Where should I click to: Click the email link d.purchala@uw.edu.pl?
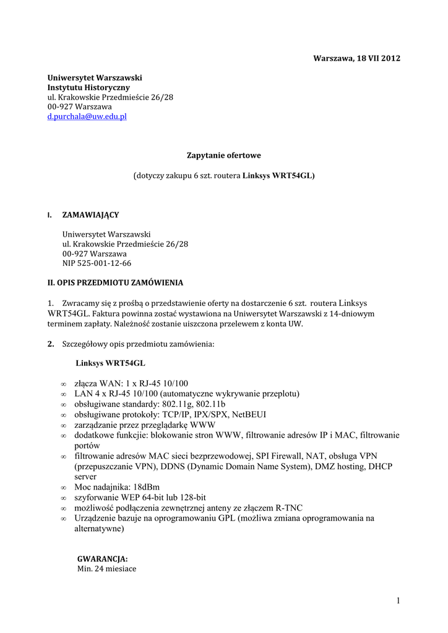click(x=87, y=116)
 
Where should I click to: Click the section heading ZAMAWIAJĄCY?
click(x=90, y=215)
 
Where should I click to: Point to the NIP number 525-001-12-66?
click(x=104, y=263)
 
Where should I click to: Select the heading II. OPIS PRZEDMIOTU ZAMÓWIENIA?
click(x=115, y=283)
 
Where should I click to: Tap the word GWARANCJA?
click(x=102, y=558)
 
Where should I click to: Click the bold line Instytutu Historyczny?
click(x=89, y=88)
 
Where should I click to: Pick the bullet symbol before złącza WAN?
click(x=64, y=384)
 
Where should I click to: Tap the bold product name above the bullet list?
click(x=110, y=363)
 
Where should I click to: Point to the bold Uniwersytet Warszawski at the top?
click(x=95, y=78)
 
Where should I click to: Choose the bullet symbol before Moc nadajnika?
click(x=64, y=487)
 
